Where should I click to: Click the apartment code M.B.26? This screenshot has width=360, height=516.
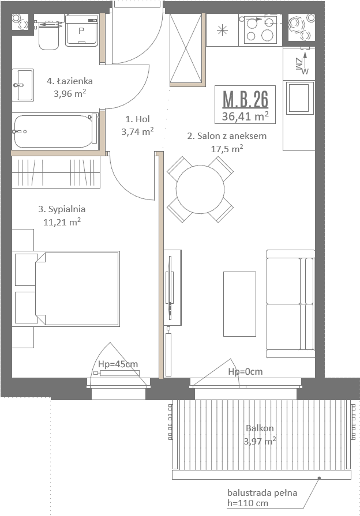pyautogui.click(x=245, y=99)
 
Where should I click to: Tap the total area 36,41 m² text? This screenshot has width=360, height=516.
pyautogui.click(x=245, y=116)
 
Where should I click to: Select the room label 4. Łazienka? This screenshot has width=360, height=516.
pyautogui.click(x=69, y=81)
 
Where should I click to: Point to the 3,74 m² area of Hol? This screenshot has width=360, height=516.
pyautogui.click(x=137, y=131)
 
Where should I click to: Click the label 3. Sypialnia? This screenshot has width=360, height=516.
pyautogui.click(x=62, y=209)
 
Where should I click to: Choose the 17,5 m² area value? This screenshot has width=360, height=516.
pyautogui.click(x=227, y=149)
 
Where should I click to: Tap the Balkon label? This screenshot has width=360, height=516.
pyautogui.click(x=260, y=428)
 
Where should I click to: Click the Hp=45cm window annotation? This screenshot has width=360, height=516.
pyautogui.click(x=118, y=364)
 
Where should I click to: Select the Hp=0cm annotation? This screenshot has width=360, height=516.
pyautogui.click(x=245, y=371)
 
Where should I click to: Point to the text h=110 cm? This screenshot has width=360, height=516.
pyautogui.click(x=247, y=503)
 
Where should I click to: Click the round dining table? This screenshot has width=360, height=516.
pyautogui.click(x=200, y=189)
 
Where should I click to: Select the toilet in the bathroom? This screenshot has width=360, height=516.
pyautogui.click(x=48, y=33)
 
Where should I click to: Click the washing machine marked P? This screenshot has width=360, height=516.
pyautogui.click(x=82, y=31)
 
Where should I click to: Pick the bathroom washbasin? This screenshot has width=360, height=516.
pyautogui.click(x=23, y=85)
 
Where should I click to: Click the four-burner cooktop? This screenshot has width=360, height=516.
pyautogui.click(x=260, y=30)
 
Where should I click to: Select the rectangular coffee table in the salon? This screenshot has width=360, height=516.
pyautogui.click(x=239, y=304)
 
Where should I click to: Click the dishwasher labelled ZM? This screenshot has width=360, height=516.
pyautogui.click(x=299, y=64)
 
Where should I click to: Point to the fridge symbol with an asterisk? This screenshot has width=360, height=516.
pyautogui.click(x=222, y=31)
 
